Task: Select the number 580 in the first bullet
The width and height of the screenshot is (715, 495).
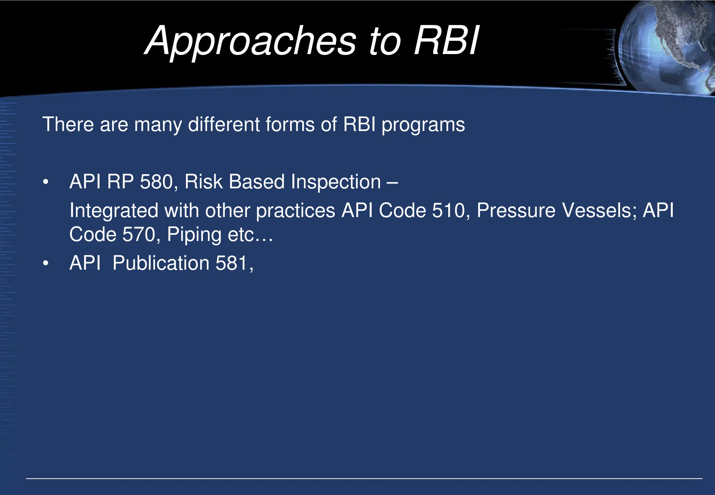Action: coord(156,182)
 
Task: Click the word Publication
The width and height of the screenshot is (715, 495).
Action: coord(161,263)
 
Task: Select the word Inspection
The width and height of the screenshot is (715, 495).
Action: coord(336,182)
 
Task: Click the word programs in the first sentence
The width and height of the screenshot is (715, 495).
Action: coord(423,125)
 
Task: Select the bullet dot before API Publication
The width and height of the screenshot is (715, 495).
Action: coord(46,264)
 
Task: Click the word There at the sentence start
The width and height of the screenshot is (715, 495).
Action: coord(68,124)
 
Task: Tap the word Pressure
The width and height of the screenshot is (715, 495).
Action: coord(516,211)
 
